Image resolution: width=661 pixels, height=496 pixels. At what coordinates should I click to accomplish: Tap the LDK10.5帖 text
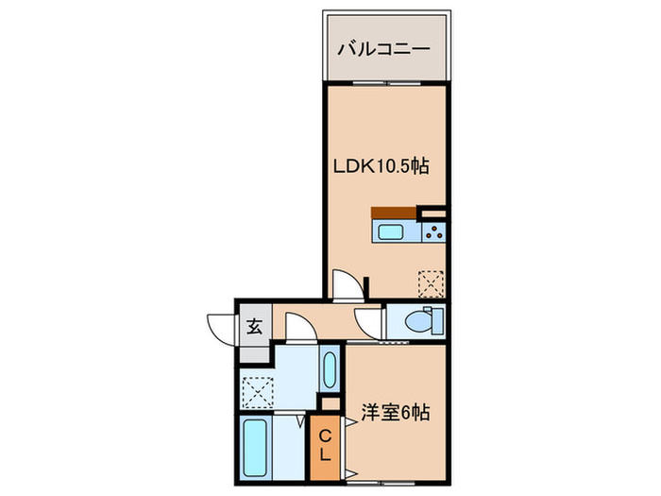pyautogui.click(x=381, y=166)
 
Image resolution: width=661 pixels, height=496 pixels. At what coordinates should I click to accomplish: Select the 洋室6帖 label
pyautogui.click(x=396, y=413)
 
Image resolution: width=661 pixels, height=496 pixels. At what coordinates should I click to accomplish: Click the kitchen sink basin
pyautogui.click(x=389, y=232)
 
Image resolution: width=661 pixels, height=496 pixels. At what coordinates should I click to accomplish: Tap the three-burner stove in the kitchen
pyautogui.click(x=434, y=232)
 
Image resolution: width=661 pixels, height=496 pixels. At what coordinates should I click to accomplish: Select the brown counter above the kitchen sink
pyautogui.click(x=394, y=213)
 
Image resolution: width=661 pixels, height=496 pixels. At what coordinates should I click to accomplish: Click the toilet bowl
pyautogui.click(x=419, y=322)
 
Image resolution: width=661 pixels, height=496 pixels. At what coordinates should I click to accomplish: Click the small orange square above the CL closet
pyautogui.click(x=329, y=403)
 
